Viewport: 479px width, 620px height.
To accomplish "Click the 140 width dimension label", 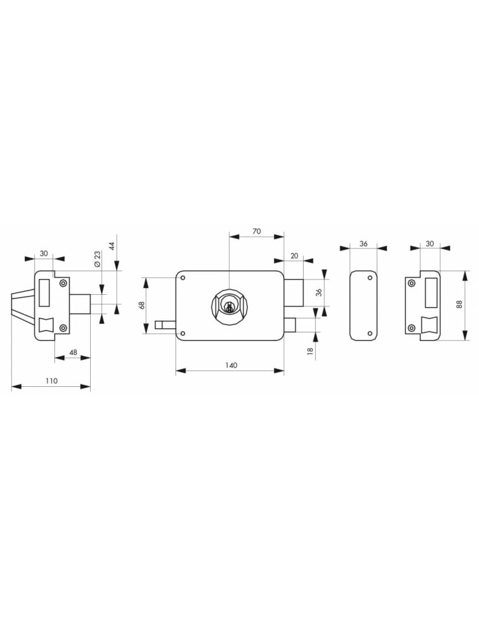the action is tap(231, 365).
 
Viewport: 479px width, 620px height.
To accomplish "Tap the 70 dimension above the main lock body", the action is tap(256, 231).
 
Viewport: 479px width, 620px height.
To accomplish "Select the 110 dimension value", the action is tap(51, 381).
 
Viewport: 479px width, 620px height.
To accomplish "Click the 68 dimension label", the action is tap(142, 305).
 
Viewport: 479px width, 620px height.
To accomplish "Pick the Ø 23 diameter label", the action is tap(97, 260).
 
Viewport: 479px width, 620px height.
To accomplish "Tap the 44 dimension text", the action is tap(112, 246).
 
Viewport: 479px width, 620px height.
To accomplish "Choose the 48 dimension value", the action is tap(73, 352).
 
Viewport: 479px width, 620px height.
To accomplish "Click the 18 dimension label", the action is tap(310, 351).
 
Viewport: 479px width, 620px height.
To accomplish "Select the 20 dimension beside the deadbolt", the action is tap(294, 256).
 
